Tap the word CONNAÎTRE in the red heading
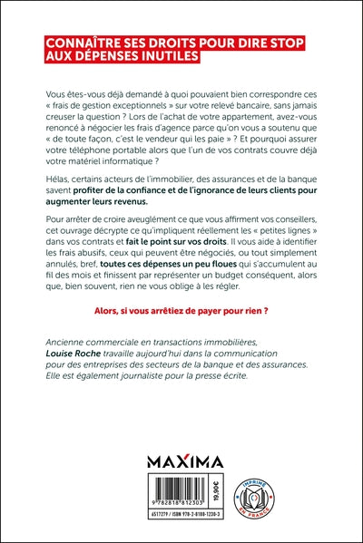coord(87,43)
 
